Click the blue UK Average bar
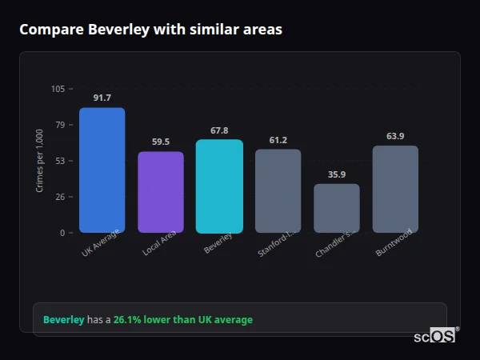102,170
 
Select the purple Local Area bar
161,192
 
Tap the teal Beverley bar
219,186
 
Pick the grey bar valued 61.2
278,191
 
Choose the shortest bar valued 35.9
337,209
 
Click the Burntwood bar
395,190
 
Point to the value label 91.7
102,98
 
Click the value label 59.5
161,142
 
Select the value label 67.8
219,130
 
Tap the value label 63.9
395,136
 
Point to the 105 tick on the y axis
58,89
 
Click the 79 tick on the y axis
60,125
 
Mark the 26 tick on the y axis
60,197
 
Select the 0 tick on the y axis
62,233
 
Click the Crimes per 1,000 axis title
40,161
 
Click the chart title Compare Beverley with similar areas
150,30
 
